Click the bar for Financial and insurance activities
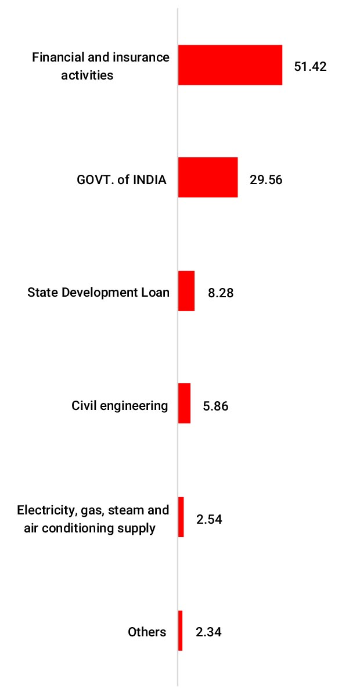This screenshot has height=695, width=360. [x=230, y=65]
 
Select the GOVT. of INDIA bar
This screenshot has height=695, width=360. [x=208, y=177]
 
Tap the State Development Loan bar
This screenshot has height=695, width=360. [x=186, y=291]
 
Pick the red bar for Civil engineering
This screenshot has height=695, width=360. [x=184, y=403]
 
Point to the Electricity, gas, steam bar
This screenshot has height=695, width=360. [x=181, y=517]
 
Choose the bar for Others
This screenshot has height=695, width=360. [x=181, y=630]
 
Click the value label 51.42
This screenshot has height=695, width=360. [x=310, y=66]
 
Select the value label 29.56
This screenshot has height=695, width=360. [x=266, y=179]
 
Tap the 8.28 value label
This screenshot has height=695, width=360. [x=221, y=293]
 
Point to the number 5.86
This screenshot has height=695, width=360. [x=215, y=406]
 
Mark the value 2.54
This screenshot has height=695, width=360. [x=209, y=519]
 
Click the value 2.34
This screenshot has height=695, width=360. [x=209, y=632]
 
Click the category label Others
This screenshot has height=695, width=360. [x=147, y=632]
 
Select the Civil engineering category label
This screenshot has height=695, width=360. [x=120, y=405]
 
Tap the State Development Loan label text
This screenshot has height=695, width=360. [x=99, y=292]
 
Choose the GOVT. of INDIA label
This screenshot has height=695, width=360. [x=121, y=179]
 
